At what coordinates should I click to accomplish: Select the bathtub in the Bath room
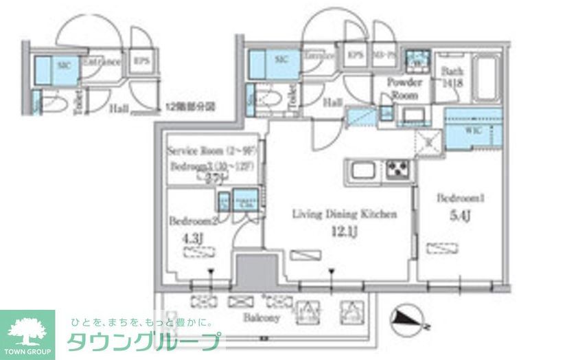(x=487, y=79)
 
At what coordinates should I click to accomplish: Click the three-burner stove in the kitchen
(x=396, y=168)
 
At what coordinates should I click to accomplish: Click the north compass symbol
(x=408, y=318)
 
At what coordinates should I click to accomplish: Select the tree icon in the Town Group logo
(x=27, y=328)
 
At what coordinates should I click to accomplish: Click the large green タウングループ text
(x=144, y=341)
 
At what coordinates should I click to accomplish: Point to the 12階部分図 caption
(x=191, y=106)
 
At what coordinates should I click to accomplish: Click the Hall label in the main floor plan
(x=333, y=102)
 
